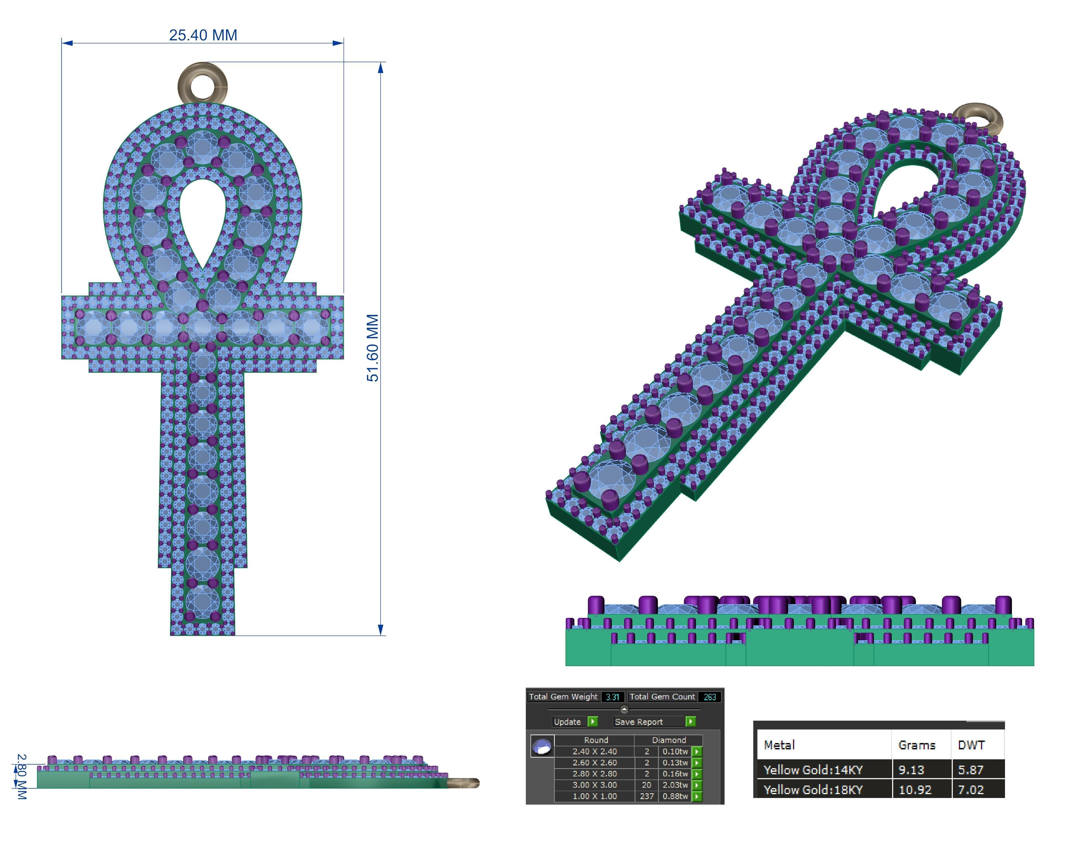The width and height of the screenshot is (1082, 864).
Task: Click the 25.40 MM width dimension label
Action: [203, 35]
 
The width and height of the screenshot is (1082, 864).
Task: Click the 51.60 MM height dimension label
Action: [372, 347]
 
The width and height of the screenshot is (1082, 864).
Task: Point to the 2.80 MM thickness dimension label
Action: [21, 776]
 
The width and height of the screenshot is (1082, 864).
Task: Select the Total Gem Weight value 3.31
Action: [612, 697]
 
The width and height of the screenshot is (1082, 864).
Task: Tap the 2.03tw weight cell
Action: [675, 785]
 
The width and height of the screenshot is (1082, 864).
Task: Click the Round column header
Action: [596, 740]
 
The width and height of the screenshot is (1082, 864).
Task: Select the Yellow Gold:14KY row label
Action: [813, 770]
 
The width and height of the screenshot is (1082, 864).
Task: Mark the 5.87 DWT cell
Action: [970, 770]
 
